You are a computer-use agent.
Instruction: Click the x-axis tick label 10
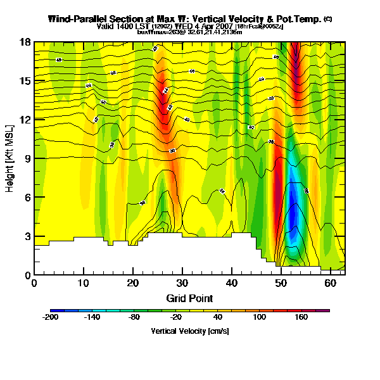tap(84, 283)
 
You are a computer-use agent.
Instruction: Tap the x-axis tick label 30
tap(182, 283)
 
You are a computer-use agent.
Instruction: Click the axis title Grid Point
tap(189, 298)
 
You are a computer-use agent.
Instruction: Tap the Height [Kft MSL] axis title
tap(11, 158)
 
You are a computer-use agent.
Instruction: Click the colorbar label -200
tap(51, 318)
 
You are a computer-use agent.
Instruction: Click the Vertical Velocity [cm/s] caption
tap(189, 331)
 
